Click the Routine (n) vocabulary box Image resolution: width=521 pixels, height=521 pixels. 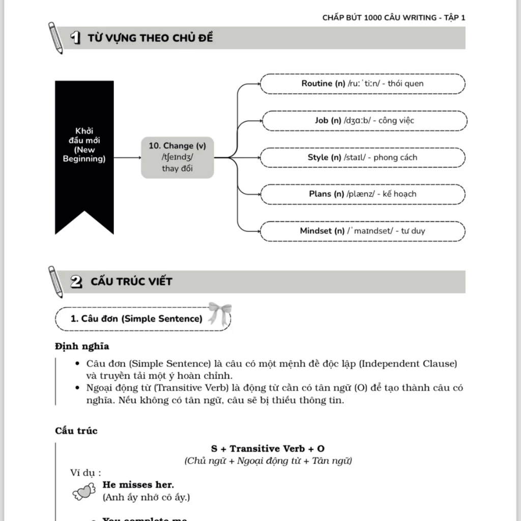(x=362, y=83)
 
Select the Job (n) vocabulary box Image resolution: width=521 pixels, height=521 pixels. (x=364, y=121)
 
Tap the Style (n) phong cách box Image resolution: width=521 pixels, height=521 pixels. (x=362, y=157)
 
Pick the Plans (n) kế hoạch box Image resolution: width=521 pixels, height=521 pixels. (x=362, y=194)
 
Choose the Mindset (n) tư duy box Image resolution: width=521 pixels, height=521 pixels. (x=362, y=231)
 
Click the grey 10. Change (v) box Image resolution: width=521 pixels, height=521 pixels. (x=177, y=157)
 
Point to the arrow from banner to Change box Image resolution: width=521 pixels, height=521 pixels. (x=127, y=158)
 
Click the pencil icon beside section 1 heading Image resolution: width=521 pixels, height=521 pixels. (x=55, y=38)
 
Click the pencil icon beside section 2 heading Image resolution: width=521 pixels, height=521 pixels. (x=55, y=281)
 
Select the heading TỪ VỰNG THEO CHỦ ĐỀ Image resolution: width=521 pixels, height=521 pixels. (x=150, y=38)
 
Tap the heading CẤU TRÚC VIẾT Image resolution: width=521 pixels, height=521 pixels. (x=131, y=282)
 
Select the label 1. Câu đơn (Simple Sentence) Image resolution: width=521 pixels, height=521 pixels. (x=136, y=319)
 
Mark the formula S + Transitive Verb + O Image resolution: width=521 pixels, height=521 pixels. (x=268, y=449)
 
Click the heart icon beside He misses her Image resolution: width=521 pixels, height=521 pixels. (x=84, y=490)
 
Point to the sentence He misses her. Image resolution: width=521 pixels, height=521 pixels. (x=138, y=485)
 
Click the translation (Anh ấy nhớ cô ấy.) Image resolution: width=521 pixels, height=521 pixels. (x=147, y=497)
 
